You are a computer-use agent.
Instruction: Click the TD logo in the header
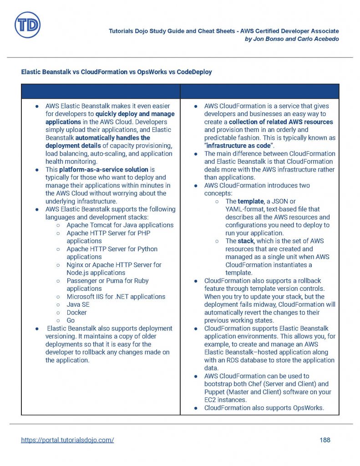(27, 25)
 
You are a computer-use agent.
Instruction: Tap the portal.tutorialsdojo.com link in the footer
(67, 440)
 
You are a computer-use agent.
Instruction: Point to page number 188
(325, 440)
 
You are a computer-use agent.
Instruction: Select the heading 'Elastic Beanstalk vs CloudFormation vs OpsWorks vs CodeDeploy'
(117, 72)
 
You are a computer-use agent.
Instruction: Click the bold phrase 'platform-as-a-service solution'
(104, 169)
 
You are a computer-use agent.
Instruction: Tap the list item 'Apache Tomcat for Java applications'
(120, 225)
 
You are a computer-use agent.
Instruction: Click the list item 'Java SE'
(78, 304)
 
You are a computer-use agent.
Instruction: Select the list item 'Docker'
(76, 313)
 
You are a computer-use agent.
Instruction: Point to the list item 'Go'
(71, 320)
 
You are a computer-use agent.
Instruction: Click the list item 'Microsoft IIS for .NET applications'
(116, 297)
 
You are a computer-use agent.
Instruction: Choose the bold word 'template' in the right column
(251, 201)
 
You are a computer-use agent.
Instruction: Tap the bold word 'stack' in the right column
(246, 241)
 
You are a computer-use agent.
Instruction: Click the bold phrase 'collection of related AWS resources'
(281, 122)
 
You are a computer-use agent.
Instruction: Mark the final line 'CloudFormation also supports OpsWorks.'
(264, 408)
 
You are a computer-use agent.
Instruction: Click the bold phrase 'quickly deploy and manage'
(135, 114)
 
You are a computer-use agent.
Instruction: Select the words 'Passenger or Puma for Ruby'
(107, 281)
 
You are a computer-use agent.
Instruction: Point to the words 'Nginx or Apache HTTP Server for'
(114, 265)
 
